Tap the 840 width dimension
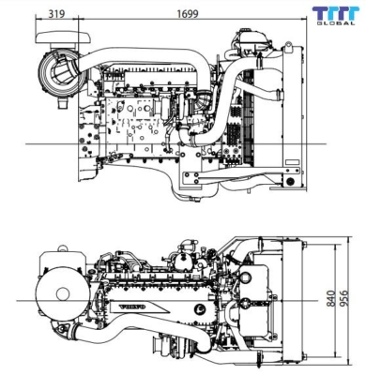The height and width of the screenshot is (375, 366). tap(329, 297)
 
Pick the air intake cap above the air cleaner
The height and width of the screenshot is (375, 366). tap(55, 36)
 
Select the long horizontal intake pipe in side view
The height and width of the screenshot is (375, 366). tap(141, 59)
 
